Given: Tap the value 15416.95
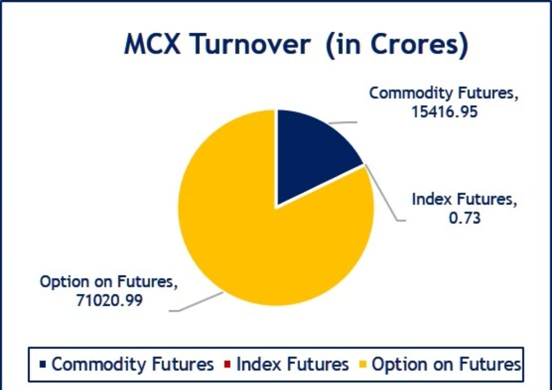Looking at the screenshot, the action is click(444, 112).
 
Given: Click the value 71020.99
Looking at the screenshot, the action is click(109, 301).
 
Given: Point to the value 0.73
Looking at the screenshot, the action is click(465, 218).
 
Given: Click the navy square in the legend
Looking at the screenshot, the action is click(43, 364).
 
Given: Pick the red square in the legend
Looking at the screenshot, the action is click(227, 364).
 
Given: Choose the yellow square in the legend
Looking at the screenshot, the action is click(363, 364).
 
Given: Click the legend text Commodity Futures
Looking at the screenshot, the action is click(133, 364).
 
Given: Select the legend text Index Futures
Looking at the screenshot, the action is click(292, 364).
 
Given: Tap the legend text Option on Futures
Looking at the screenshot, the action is click(446, 364).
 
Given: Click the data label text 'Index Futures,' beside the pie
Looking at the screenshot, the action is click(465, 199).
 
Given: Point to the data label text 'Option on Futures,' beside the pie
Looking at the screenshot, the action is click(109, 282).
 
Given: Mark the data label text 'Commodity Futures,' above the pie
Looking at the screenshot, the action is click(444, 94).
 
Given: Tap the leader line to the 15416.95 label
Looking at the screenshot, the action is click(343, 123).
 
